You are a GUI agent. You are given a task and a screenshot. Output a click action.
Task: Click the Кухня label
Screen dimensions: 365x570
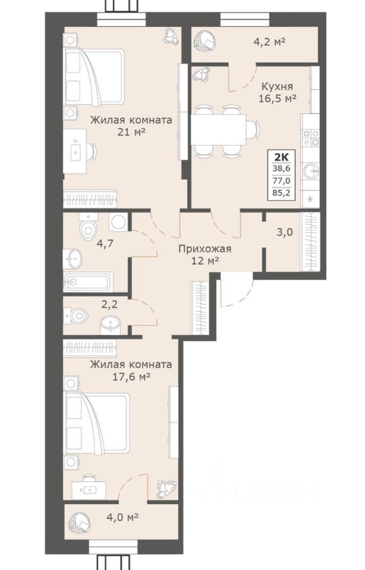[277, 87]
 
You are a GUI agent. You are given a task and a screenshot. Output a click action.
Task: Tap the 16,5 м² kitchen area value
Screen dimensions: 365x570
[277, 99]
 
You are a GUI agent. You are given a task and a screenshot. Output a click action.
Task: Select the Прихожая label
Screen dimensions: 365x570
[204, 249]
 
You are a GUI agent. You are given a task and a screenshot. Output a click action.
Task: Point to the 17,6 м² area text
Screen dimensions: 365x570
[131, 376]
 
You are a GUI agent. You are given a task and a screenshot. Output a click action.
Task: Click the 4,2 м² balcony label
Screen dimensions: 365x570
[269, 42]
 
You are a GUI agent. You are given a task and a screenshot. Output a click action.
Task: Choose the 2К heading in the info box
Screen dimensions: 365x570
[281, 157]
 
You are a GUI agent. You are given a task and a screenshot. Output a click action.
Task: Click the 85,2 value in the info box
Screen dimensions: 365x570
[281, 192]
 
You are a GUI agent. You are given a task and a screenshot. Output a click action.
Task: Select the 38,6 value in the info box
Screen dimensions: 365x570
[281, 168]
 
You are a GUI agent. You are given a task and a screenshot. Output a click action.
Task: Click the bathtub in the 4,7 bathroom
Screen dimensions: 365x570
[88, 281]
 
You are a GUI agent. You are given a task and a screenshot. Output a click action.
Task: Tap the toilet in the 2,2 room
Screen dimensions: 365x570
[77, 315]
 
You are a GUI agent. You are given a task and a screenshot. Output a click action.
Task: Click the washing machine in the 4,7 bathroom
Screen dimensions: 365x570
[118, 221]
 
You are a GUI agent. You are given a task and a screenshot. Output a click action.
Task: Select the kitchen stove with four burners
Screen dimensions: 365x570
[311, 138]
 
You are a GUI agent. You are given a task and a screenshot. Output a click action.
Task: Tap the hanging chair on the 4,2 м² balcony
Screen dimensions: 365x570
[206, 41]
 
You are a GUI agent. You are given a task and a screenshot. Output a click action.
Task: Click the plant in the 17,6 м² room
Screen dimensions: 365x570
[166, 489]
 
